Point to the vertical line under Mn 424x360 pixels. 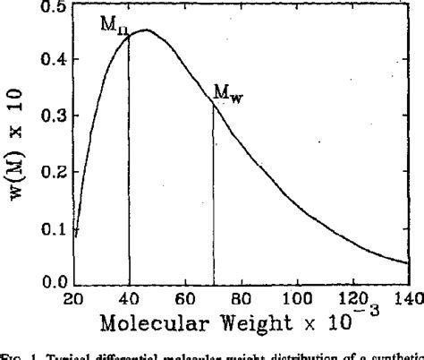[x=129, y=161]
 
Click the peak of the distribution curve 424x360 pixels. [x=145, y=30]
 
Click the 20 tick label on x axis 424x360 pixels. [x=74, y=299]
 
